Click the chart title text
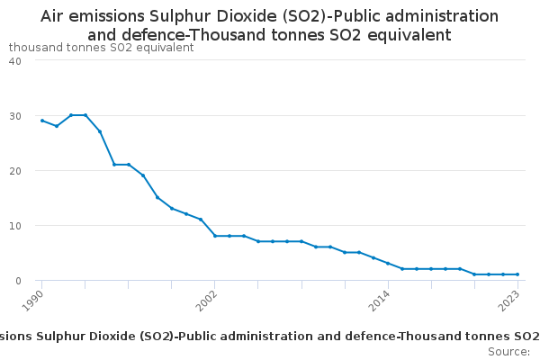click(x=269, y=25)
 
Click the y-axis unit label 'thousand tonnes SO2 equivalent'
click(x=101, y=48)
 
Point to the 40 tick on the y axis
click(x=15, y=60)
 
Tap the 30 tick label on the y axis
click(x=15, y=116)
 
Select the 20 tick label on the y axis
click(x=15, y=171)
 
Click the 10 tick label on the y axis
click(x=15, y=226)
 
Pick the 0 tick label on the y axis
click(x=18, y=281)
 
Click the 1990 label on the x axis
click(x=33, y=300)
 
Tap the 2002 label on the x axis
click(x=206, y=300)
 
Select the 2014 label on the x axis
click(x=379, y=300)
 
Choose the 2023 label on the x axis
click(x=509, y=300)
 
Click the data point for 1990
click(x=42, y=121)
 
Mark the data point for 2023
click(x=517, y=274)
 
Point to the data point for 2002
click(x=215, y=236)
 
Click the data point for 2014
click(x=388, y=264)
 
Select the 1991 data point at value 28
click(x=57, y=126)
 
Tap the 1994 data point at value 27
click(x=100, y=131)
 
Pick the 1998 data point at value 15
click(x=157, y=197)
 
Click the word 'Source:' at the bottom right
click(x=508, y=351)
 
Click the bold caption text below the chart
click(x=269, y=336)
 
